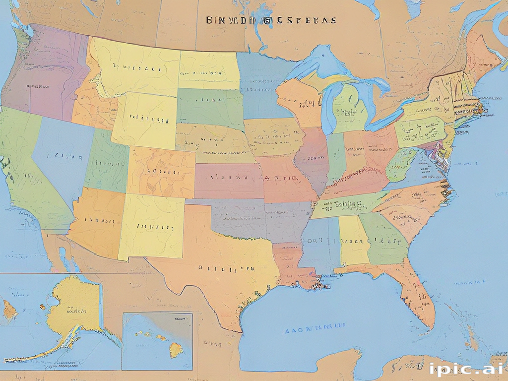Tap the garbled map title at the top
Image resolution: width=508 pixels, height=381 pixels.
pyautogui.click(x=270, y=20)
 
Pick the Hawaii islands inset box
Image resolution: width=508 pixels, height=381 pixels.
pyautogui.click(x=157, y=341)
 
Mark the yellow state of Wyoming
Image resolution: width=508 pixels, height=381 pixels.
pyautogui.click(x=144, y=119)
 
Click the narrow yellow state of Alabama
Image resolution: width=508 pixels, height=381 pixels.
pyautogui.click(x=353, y=241)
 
